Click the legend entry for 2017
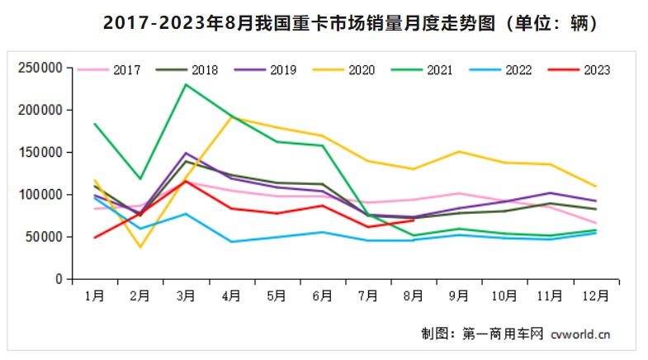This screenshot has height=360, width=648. click(115, 69)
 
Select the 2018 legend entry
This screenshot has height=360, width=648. click(192, 69)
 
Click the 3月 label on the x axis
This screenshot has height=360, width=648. click(186, 295)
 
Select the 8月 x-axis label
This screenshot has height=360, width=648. click(413, 295)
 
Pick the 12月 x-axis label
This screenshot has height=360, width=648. click(594, 295)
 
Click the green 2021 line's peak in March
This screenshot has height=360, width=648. click(186, 84)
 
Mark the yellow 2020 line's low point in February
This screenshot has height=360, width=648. click(140, 247)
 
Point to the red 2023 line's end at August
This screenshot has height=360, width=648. click(413, 220)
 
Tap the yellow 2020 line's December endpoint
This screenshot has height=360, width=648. click(596, 187)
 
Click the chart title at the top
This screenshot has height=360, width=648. click(324, 24)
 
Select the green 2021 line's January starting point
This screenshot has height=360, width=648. click(95, 124)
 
